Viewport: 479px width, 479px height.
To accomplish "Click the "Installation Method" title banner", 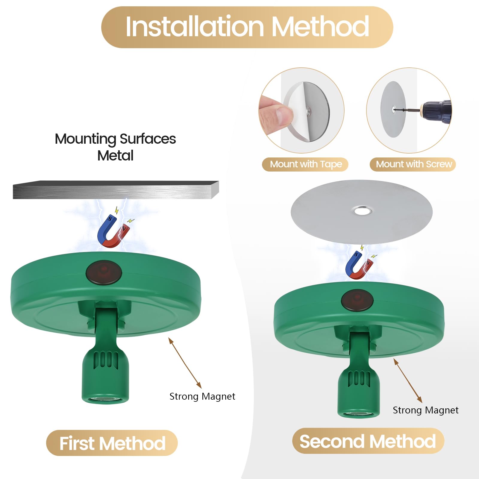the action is (247, 27).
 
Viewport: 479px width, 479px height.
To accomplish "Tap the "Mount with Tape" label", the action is (305, 164).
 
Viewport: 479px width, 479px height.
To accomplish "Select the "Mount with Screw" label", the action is (413, 164).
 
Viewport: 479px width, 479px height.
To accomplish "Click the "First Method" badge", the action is (112, 443).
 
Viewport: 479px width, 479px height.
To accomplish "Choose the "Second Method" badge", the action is (368, 441).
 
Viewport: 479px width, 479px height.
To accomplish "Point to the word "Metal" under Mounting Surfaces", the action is (115, 156).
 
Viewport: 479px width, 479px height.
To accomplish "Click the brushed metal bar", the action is (116, 190).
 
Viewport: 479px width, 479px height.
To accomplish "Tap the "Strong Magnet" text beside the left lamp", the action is (202, 396).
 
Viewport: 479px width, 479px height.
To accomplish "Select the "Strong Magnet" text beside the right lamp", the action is (425, 410).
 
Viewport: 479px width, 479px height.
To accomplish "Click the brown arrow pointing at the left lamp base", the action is (185, 363).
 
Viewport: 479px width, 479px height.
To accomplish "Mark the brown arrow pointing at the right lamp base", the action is (408, 381).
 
